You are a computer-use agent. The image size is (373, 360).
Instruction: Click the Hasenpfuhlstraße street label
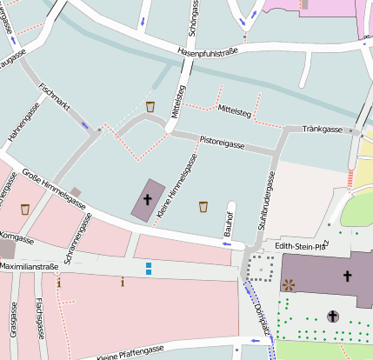207,52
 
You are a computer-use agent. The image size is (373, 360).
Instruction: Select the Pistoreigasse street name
222,140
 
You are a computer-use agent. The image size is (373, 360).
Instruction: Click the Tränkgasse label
323,129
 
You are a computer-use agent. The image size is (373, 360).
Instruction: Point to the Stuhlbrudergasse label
266,201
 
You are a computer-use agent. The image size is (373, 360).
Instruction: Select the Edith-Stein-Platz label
301,245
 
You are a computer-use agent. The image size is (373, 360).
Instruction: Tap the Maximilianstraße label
28,265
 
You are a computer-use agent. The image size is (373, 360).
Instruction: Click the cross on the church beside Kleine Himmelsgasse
147,200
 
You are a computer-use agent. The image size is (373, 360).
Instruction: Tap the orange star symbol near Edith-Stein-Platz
288,283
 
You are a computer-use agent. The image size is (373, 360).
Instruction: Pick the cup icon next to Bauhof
203,206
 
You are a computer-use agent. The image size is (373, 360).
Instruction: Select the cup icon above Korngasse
24,209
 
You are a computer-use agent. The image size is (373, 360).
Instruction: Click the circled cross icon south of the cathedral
332,317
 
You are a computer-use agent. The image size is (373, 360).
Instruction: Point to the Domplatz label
260,314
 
